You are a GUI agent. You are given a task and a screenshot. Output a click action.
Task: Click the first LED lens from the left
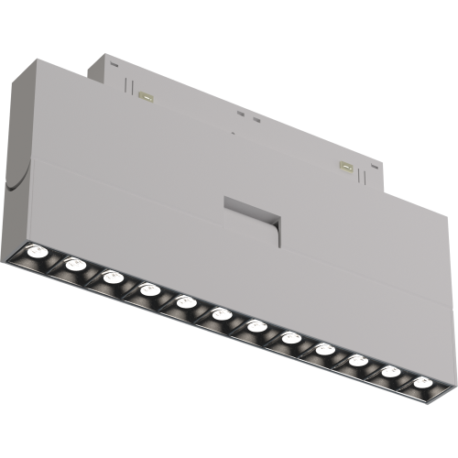(38, 252)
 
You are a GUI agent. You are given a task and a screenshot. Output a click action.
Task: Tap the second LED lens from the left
(75, 265)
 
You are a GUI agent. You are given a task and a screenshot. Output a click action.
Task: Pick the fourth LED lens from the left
(148, 289)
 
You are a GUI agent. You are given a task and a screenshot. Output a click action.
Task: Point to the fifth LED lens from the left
(184, 301)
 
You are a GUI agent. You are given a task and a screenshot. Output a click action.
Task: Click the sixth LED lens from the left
(220, 314)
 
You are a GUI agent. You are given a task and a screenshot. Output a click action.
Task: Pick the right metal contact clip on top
(345, 165)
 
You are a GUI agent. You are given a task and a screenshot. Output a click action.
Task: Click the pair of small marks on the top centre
(245, 116)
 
